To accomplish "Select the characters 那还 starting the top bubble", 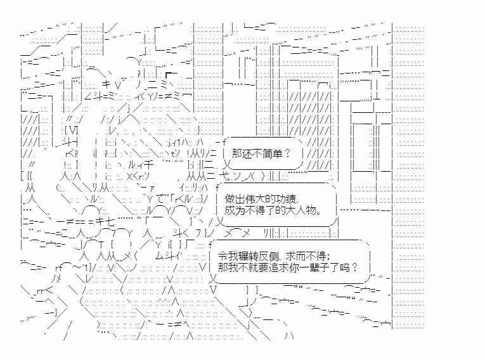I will click(240, 153).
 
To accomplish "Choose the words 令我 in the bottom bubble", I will click(225, 255).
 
